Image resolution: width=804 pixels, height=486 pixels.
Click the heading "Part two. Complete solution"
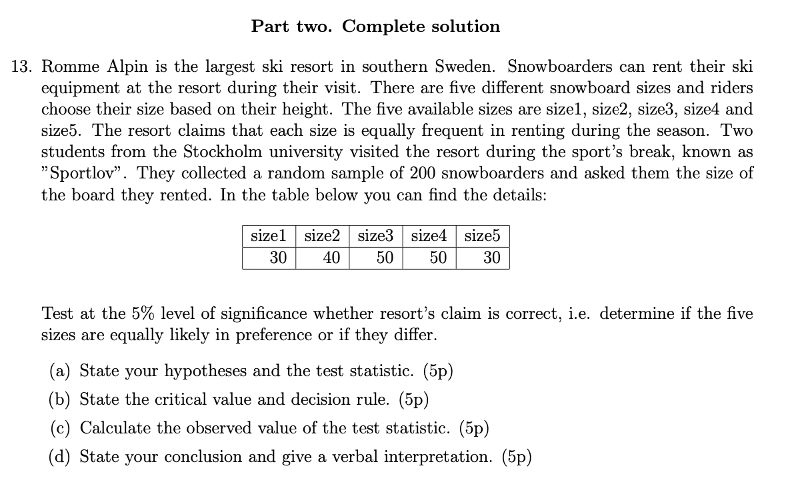(x=375, y=27)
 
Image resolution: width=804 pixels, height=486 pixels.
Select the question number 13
(x=23, y=67)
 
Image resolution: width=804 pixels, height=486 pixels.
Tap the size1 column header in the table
(x=268, y=236)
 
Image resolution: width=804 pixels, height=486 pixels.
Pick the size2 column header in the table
(x=322, y=236)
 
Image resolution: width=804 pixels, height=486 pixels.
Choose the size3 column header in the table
(x=375, y=236)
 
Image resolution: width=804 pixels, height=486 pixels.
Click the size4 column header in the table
(x=429, y=236)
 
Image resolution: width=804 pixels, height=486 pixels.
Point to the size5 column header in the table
(x=482, y=236)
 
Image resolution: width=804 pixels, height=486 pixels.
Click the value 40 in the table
(x=331, y=258)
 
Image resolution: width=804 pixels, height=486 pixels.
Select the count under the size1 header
(x=278, y=258)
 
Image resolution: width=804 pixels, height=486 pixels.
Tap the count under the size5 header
(x=491, y=258)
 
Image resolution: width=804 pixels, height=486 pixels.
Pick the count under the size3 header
(x=385, y=258)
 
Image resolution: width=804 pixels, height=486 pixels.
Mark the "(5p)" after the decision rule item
(x=413, y=399)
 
